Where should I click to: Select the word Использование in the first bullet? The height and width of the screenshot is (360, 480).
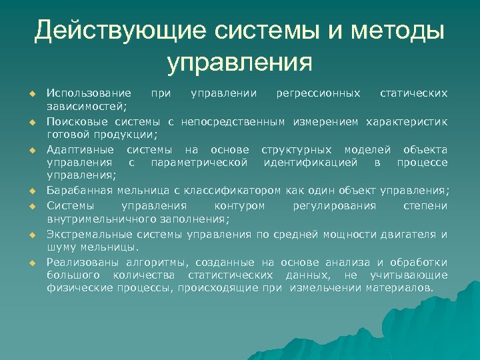(x=89, y=92)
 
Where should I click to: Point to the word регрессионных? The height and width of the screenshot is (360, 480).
(x=319, y=92)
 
